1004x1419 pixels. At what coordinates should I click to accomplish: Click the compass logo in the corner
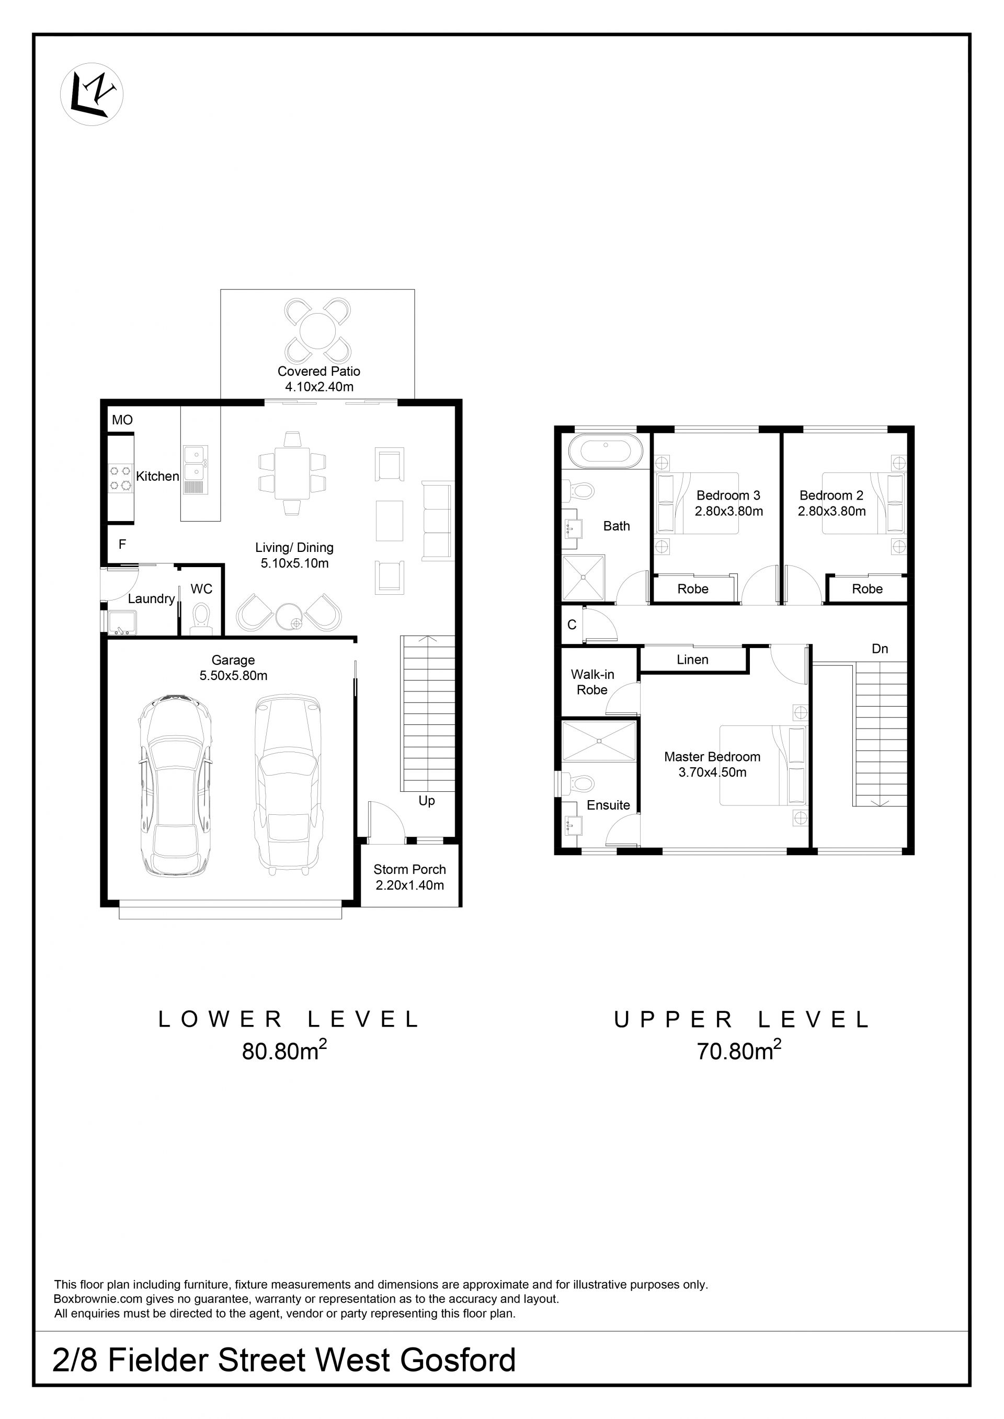pos(92,95)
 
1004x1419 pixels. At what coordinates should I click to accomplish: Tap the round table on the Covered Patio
pos(317,331)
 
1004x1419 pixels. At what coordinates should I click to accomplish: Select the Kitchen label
pos(157,476)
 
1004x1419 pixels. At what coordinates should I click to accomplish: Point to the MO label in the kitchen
pos(122,420)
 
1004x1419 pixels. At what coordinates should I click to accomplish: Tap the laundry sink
pos(122,622)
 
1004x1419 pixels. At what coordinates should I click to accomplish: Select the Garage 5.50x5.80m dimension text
pos(233,676)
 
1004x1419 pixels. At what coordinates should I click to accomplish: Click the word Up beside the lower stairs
pos(427,801)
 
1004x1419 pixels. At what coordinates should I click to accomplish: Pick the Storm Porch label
pos(410,870)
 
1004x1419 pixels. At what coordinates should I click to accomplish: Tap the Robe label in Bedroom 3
pos(693,589)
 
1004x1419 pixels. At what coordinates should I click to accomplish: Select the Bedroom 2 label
pos(831,495)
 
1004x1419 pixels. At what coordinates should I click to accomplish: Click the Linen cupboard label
pos(692,660)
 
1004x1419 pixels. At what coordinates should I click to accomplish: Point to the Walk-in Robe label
pos(592,682)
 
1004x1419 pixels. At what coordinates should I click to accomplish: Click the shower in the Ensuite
pos(598,741)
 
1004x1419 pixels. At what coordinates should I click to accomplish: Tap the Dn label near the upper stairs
pos(880,649)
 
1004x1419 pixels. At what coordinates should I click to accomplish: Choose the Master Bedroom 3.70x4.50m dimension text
pos(712,772)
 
